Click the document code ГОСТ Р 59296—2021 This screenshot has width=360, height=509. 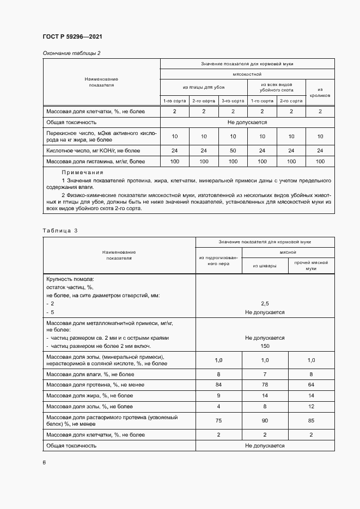(72, 36)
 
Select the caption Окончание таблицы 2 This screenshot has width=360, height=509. (71, 53)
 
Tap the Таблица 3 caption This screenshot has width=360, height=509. (60, 231)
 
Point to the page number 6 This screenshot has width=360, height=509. (44, 462)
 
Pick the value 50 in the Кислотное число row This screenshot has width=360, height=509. (233, 150)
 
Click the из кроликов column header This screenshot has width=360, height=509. (320, 92)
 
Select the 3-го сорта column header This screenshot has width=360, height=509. (233, 101)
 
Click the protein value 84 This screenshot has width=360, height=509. (219, 384)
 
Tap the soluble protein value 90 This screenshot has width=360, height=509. (265, 420)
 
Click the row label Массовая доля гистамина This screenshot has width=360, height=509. (95, 161)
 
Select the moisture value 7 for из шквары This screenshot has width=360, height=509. (265, 374)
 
